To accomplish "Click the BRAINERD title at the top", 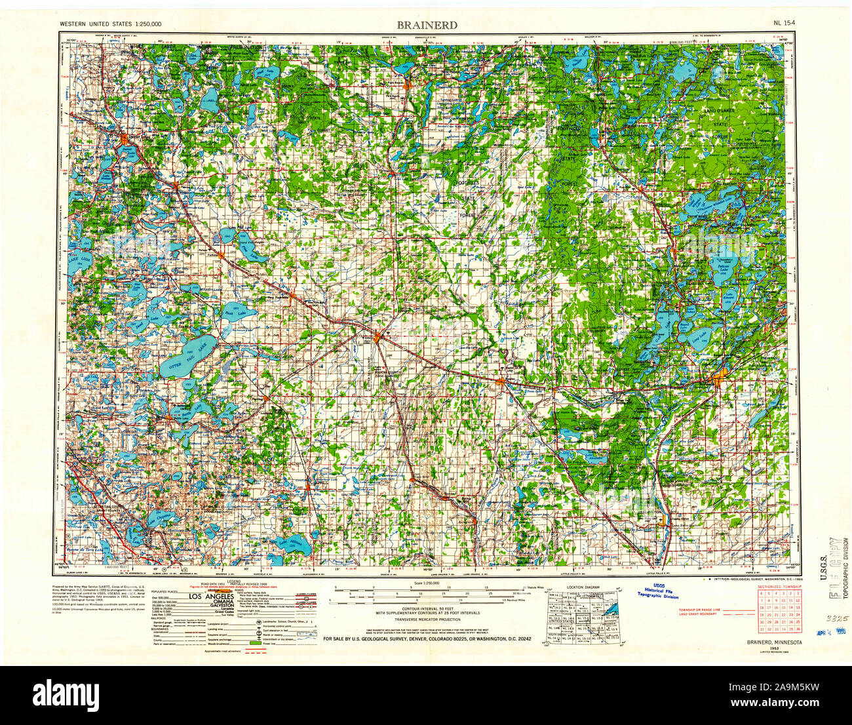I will click(x=427, y=25).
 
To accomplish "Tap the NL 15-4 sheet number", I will click(x=784, y=23).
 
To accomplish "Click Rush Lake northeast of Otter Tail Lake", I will click(x=229, y=315).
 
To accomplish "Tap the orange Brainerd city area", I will click(x=718, y=379).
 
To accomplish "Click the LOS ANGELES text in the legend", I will click(x=212, y=597).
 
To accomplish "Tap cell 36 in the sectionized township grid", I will click(x=810, y=630).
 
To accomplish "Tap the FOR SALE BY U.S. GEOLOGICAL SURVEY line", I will click(x=427, y=637).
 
